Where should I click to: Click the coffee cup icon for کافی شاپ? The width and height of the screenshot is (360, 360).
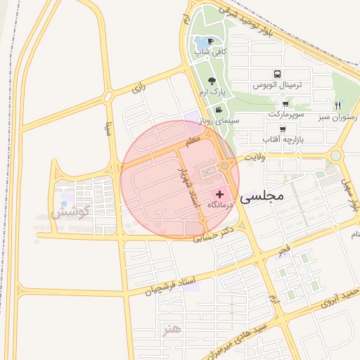pyautogui.click(x=210, y=40)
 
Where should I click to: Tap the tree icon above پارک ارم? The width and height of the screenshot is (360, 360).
pyautogui.click(x=212, y=81)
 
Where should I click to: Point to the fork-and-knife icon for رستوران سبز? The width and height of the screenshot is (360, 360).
pyautogui.click(x=338, y=105)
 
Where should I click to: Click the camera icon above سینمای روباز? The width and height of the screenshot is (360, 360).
pyautogui.click(x=219, y=110)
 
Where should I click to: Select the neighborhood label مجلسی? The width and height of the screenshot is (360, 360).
pyautogui.click(x=262, y=198)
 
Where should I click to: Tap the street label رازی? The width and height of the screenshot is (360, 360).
pyautogui.click(x=138, y=89)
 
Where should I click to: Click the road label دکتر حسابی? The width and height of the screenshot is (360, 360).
pyautogui.click(x=214, y=234)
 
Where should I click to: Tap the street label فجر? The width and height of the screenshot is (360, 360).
pyautogui.click(x=283, y=249)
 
